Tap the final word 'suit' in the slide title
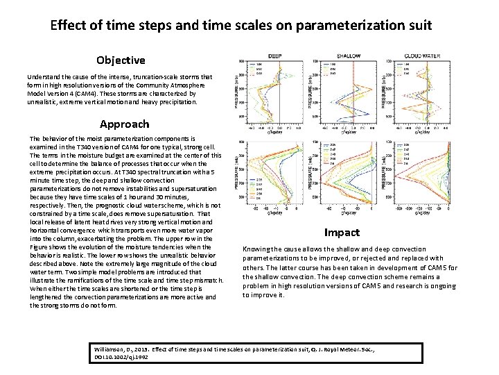(417, 26)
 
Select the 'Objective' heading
(121, 60)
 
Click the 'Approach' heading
(124, 124)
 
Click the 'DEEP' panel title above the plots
(275, 56)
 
